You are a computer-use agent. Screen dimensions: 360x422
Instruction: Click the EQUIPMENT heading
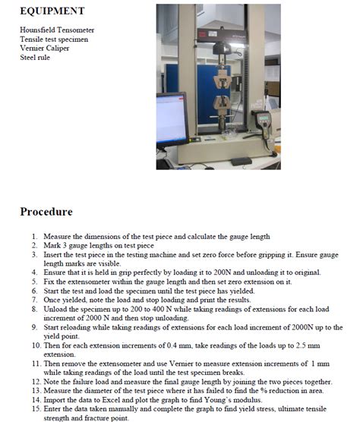pos(52,11)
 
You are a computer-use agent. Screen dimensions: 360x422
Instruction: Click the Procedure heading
pos(46,212)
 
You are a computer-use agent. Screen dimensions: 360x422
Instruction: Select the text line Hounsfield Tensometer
pos(57,30)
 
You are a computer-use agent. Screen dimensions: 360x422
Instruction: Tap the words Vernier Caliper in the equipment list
pos(44,48)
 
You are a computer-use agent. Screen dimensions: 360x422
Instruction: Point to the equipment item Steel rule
pos(35,58)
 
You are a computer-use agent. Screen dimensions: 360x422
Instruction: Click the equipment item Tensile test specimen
pos(54,39)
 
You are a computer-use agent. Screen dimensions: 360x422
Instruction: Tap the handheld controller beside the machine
pos(263,122)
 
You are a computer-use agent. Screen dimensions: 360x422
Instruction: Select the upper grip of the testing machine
pos(222,79)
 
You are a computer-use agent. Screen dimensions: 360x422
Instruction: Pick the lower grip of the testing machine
pos(223,103)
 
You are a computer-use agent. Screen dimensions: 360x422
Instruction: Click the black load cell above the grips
pos(222,49)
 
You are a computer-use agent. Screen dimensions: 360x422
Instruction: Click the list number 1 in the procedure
pos(34,237)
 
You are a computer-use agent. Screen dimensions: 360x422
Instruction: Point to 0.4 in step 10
pos(172,345)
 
